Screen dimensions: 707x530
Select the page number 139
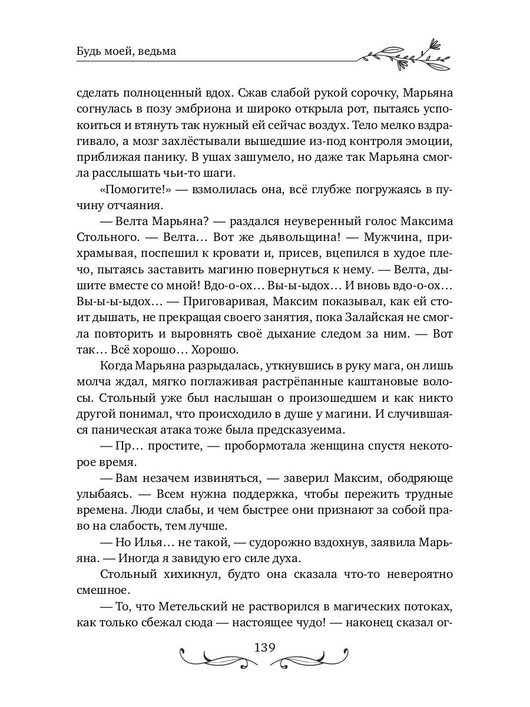[264, 647]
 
